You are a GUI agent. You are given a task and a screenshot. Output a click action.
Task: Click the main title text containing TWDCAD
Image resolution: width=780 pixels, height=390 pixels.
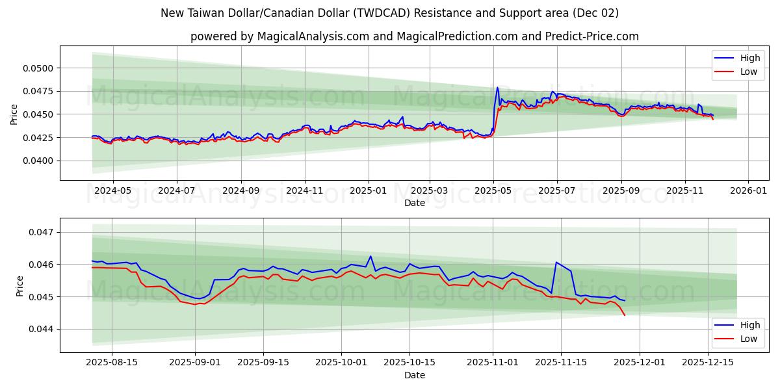click(x=389, y=13)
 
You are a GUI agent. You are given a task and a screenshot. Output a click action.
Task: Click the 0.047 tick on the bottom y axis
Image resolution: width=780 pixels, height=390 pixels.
click(x=44, y=232)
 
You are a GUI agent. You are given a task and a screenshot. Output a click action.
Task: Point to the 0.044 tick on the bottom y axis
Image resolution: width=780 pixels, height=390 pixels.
click(x=44, y=330)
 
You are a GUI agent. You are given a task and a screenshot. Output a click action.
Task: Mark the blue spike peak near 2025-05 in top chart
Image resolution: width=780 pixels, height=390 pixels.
click(x=497, y=88)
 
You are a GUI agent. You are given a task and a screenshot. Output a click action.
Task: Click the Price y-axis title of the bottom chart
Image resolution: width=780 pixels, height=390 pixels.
click(x=19, y=286)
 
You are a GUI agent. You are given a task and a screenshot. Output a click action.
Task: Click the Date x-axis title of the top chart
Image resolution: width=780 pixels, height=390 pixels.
click(x=414, y=203)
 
